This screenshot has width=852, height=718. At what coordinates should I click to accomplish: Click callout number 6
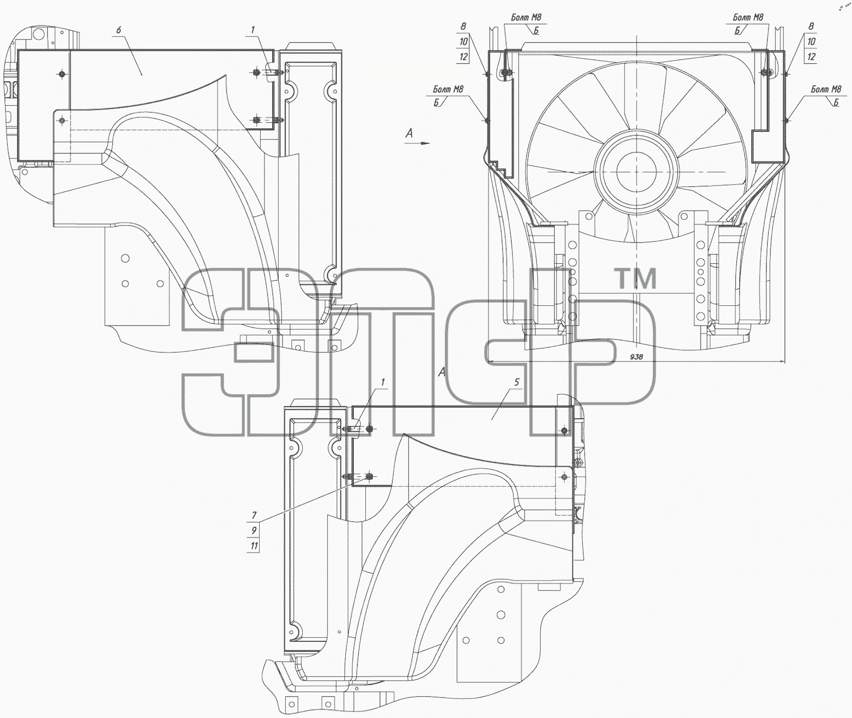pyautogui.click(x=119, y=30)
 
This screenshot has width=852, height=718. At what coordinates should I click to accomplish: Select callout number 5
pyautogui.click(x=517, y=382)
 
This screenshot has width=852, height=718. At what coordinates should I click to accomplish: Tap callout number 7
pyautogui.click(x=254, y=515)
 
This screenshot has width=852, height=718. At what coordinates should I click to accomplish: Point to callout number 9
pyautogui.click(x=254, y=530)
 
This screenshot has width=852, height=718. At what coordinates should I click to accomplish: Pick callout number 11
pyautogui.click(x=254, y=546)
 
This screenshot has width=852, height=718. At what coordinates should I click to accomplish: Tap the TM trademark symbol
pyautogui.click(x=635, y=279)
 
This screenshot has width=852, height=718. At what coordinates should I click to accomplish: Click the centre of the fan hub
pyautogui.click(x=634, y=171)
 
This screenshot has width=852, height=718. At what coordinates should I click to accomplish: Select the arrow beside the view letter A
pyautogui.click(x=418, y=143)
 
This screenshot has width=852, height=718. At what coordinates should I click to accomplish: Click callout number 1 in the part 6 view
pyautogui.click(x=254, y=30)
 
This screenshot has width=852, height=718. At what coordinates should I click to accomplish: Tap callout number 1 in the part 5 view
pyautogui.click(x=383, y=382)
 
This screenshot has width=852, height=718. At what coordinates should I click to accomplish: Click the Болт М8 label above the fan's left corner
pyautogui.click(x=526, y=17)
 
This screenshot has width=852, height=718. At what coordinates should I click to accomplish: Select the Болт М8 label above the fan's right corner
pyautogui.click(x=748, y=17)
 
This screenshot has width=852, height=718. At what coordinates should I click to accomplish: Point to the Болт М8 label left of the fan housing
pyautogui.click(x=448, y=89)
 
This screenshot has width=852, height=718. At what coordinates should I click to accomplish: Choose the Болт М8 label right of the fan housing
pyautogui.click(x=826, y=89)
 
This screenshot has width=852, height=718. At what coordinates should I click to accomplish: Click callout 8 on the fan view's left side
pyautogui.click(x=463, y=26)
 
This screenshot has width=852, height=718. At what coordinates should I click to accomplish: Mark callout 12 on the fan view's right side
pyautogui.click(x=811, y=57)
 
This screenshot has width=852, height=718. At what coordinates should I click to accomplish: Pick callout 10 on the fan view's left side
pyautogui.click(x=463, y=42)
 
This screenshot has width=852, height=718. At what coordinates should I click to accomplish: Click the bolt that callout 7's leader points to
pyautogui.click(x=369, y=476)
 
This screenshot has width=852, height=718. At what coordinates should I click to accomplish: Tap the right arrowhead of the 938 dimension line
pyautogui.click(x=785, y=361)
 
